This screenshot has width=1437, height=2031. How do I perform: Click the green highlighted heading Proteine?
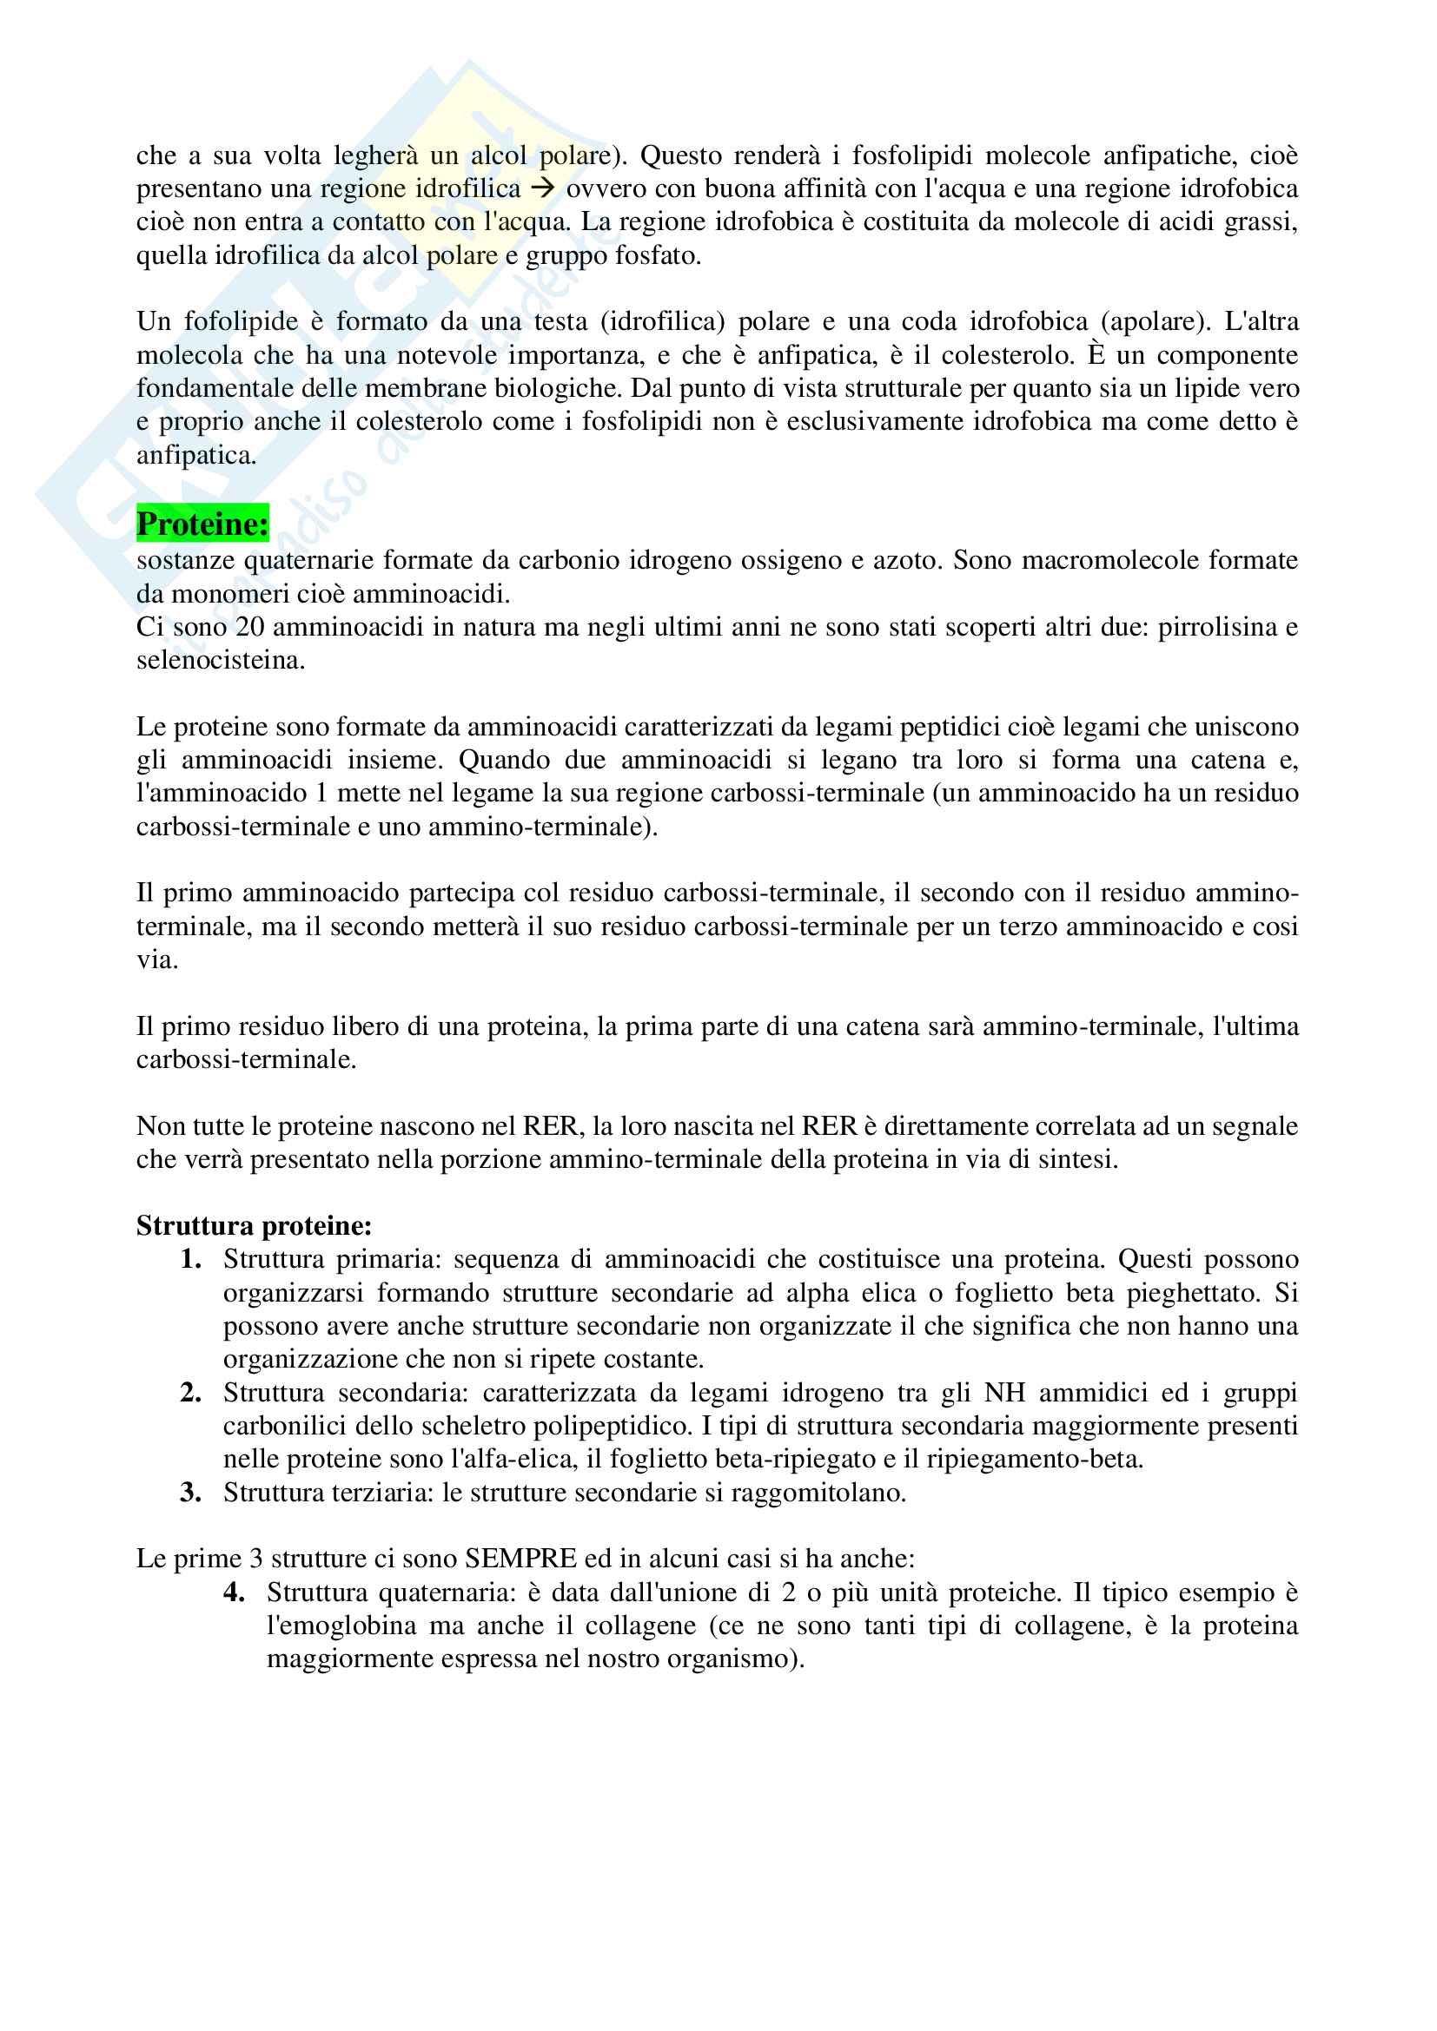point(202,524)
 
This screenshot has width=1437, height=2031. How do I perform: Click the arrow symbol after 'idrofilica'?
point(542,188)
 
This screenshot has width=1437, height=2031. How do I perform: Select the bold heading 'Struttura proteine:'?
point(254,1225)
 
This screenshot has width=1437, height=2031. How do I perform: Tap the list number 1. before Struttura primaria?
point(190,1259)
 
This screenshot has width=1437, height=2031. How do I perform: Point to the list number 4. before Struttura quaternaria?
point(234,1592)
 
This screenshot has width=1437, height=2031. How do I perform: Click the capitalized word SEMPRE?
point(520,1559)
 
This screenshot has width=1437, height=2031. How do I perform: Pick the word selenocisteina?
point(220,660)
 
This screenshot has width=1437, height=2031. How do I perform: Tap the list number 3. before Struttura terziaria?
point(190,1493)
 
